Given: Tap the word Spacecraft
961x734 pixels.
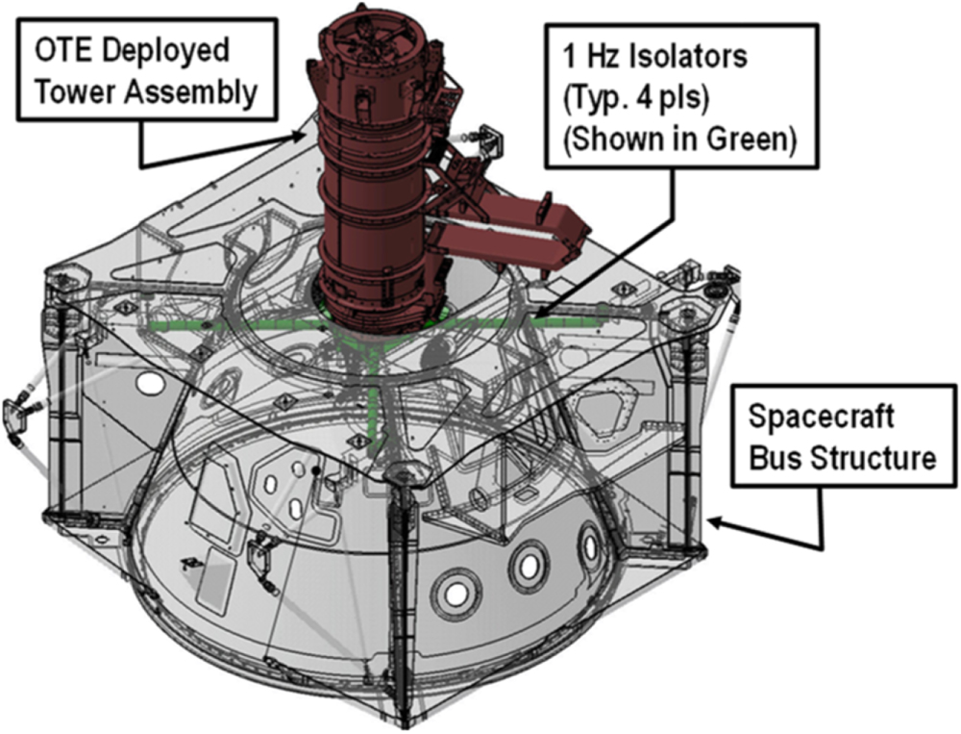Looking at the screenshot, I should (822, 418).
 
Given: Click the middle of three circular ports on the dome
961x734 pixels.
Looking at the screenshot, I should (528, 567).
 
